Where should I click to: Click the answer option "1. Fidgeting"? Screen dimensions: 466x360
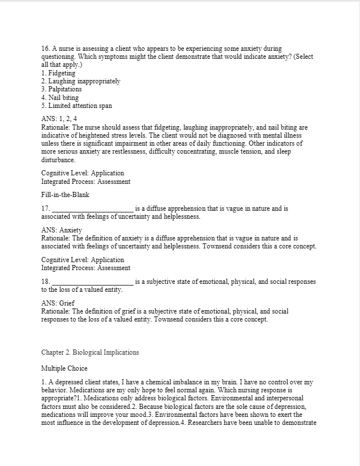[58, 74]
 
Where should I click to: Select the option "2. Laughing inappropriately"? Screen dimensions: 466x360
[80, 82]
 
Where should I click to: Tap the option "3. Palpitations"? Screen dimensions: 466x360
[62, 90]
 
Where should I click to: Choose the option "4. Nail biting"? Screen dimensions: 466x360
[60, 98]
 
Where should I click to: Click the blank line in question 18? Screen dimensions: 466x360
[92, 282]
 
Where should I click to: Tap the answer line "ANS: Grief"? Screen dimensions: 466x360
[58, 303]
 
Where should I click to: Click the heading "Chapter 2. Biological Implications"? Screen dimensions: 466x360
[90, 352]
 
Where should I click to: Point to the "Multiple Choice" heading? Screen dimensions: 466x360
[64, 368]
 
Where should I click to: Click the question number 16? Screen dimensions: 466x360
[46, 50]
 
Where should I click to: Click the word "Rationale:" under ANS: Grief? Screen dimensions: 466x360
[56, 311]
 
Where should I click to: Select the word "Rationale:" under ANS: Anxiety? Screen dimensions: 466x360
[56, 238]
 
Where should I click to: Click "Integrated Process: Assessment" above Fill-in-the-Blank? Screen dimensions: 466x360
[86, 182]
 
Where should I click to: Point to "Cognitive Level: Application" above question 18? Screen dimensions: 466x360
[83, 260]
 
